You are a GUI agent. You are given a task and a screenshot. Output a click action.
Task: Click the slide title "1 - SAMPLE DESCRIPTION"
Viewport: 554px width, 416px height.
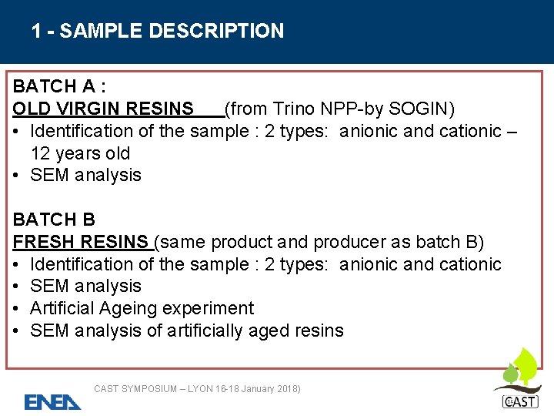[158, 32]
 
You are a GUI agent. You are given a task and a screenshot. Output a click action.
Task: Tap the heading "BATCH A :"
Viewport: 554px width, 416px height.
[59, 86]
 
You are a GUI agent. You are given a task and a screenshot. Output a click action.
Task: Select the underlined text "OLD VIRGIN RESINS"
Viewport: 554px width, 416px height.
[103, 109]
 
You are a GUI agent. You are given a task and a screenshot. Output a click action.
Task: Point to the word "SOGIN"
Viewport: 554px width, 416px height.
[422, 109]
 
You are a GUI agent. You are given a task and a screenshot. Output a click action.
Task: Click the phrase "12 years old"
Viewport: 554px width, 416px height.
[80, 153]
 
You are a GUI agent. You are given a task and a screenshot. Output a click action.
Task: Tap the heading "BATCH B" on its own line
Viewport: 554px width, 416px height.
[54, 220]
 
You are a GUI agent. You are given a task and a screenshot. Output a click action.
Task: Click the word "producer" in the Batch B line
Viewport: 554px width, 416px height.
[340, 243]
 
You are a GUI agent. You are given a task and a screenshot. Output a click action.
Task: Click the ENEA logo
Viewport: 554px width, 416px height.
[52, 401]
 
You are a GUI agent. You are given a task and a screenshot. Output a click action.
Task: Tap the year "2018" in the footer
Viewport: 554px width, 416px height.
[283, 389]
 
